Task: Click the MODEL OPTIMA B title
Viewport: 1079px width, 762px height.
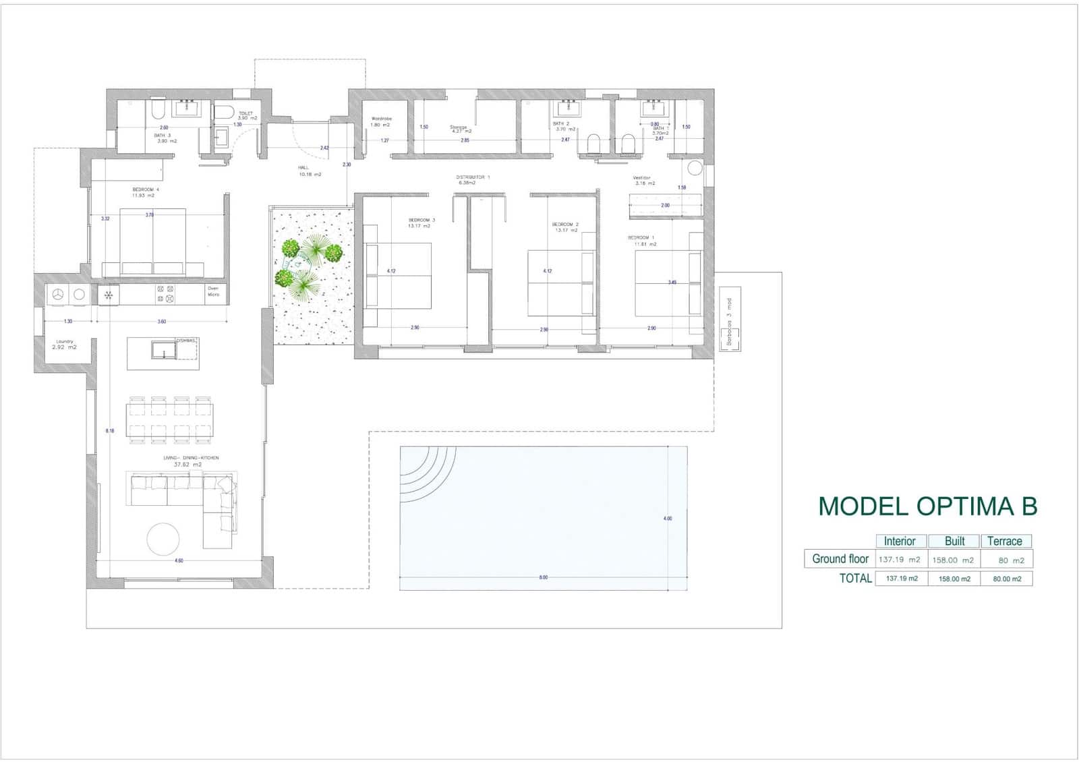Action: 927,506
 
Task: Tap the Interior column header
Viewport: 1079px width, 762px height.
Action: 900,541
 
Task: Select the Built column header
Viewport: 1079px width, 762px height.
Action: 954,541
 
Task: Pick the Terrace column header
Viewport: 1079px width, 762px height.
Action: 1004,541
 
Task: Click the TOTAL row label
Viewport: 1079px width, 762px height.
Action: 855,578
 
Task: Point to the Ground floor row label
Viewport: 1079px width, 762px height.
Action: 840,558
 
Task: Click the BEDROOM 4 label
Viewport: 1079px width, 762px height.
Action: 146,190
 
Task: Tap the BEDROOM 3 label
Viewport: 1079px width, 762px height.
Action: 421,221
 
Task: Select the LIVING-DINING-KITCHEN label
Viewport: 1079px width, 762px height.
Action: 191,458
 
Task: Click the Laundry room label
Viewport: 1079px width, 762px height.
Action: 65,342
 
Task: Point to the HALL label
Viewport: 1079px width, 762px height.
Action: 303,167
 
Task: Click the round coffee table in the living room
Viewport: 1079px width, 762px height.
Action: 163,538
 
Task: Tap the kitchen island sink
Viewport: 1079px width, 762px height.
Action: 163,351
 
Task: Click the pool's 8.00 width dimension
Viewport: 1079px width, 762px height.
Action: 544,577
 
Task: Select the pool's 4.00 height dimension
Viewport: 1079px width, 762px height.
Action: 668,519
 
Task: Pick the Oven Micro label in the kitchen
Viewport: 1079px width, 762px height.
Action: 213,292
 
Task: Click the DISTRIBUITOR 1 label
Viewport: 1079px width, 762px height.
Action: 473,177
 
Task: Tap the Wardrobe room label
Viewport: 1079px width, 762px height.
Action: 381,119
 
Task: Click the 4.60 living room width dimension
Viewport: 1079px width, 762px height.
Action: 179,560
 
